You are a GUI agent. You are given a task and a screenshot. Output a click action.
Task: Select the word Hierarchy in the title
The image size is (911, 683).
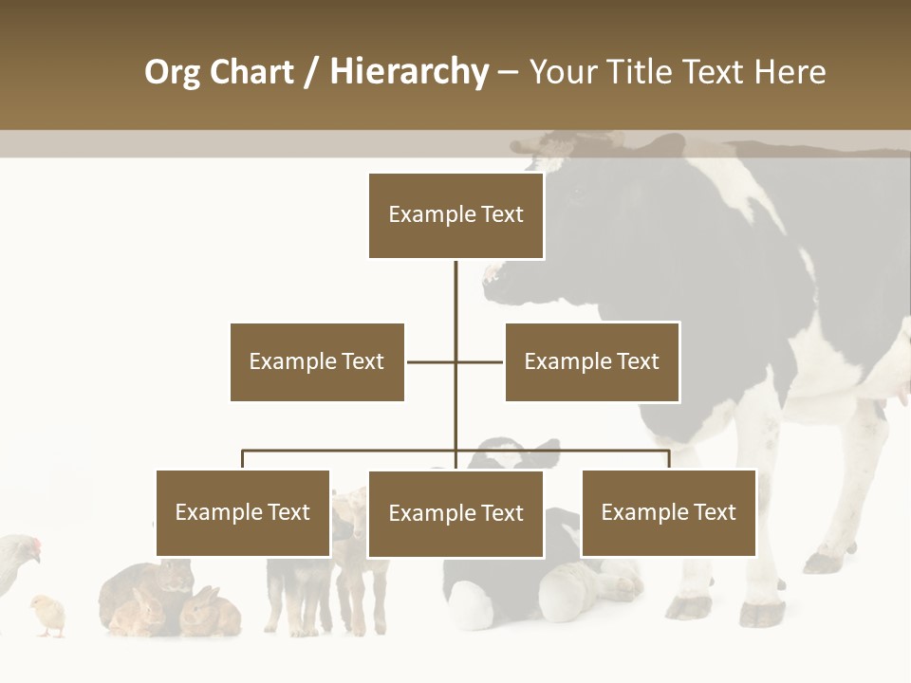409,72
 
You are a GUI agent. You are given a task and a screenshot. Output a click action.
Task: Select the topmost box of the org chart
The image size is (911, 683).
455,215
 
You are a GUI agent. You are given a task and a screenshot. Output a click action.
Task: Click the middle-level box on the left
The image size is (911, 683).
317,361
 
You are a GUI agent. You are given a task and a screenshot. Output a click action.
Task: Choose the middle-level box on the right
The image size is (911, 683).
592,361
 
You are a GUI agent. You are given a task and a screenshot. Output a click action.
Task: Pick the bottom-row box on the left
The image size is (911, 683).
243,513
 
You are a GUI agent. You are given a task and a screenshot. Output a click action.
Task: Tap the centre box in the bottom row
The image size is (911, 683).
455,513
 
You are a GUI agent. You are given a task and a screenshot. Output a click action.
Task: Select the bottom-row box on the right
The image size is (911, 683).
668,513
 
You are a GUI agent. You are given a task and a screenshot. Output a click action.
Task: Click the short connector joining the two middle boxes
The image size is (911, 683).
455,361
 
